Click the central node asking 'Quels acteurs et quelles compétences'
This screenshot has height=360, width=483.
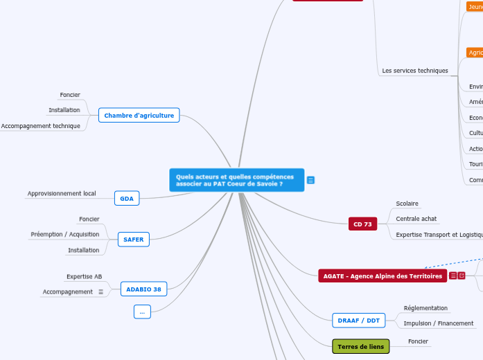(x=236, y=180)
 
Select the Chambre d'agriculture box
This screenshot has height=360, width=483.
(x=139, y=115)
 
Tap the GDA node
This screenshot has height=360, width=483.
(x=127, y=199)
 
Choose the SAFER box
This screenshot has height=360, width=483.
(x=133, y=240)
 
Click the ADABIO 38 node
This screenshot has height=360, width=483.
(x=143, y=289)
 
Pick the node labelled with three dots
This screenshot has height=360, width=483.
(x=141, y=312)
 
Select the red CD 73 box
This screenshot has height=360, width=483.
(x=362, y=224)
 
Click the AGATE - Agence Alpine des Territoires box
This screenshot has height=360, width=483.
(x=382, y=276)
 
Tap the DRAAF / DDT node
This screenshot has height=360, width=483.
(x=358, y=320)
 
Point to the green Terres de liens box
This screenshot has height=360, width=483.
(x=360, y=346)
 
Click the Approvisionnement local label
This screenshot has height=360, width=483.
(x=62, y=193)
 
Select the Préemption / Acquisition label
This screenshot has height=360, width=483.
(x=65, y=234)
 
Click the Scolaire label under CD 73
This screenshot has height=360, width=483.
(x=407, y=204)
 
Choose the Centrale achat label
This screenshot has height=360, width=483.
(x=416, y=219)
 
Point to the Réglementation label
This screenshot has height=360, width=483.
(x=425, y=308)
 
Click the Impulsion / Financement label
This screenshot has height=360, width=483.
(x=439, y=323)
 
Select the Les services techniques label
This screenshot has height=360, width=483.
(x=415, y=71)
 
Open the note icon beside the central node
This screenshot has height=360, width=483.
(x=310, y=180)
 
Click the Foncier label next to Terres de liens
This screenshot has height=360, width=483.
(x=418, y=341)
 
